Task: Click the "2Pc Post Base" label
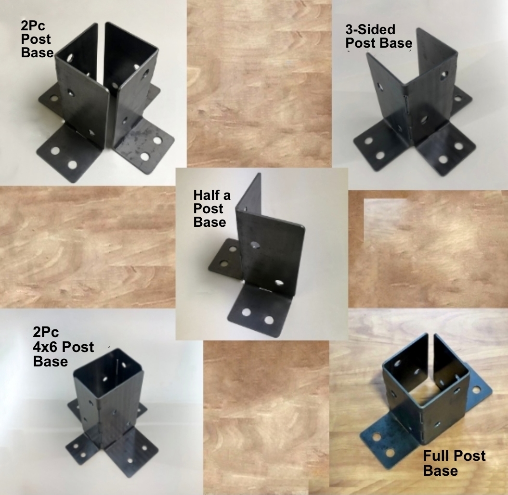(37, 39)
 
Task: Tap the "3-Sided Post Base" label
(378, 36)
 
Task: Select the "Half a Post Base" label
(211, 208)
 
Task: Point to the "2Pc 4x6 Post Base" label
(63, 347)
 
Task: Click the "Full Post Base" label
(454, 463)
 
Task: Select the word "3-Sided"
(370, 29)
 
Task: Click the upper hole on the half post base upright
(255, 245)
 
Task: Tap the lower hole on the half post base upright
(279, 283)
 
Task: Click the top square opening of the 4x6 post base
(108, 373)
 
